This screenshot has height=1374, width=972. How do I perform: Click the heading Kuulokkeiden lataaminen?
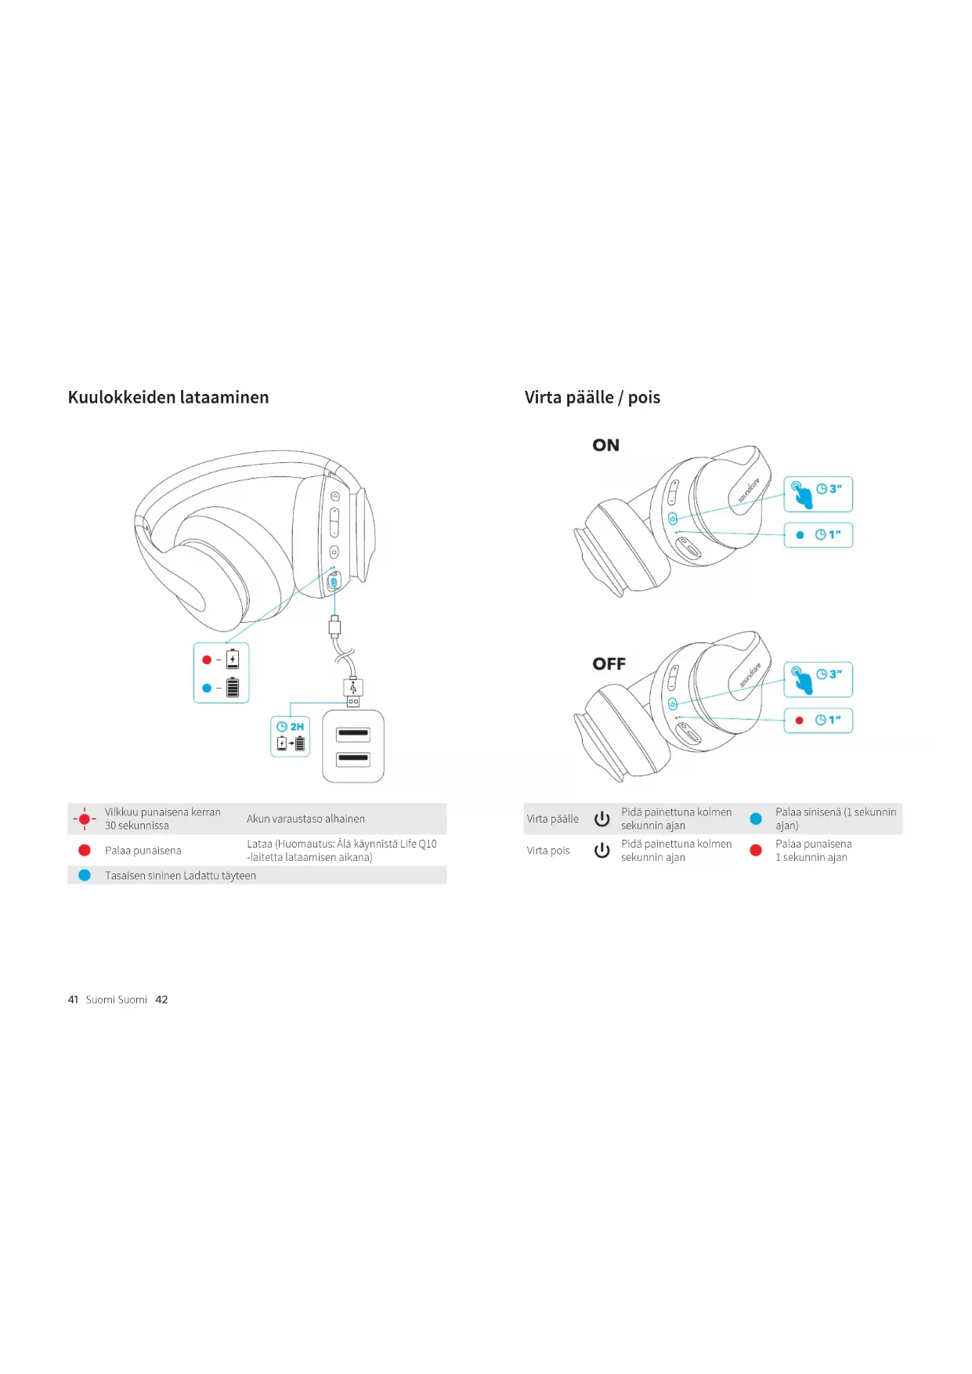pos(168,397)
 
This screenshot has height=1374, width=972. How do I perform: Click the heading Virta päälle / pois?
pos(592,397)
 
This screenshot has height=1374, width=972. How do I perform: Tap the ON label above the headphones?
pos(605,445)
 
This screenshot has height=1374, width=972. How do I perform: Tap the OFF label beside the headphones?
pos(609,663)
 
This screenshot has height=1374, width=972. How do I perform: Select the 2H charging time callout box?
pos(291,736)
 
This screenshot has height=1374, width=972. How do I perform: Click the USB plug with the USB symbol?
pos(353,689)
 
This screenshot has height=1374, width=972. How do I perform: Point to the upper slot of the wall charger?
pos(353,734)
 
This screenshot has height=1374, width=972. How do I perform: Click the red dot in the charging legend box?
pos(207,660)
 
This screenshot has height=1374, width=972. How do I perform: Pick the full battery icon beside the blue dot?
pos(233,688)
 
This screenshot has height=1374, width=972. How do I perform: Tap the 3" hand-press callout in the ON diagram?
pos(818,494)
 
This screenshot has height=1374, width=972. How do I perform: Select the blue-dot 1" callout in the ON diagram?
pos(818,535)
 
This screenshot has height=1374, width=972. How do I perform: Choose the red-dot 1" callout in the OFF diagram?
pos(818,720)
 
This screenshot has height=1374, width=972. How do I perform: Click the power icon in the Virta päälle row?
pos(602,819)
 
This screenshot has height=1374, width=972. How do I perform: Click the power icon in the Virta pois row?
pos(602,850)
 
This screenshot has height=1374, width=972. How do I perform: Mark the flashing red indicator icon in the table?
pos(85,819)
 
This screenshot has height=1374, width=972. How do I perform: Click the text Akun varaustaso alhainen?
pos(305,819)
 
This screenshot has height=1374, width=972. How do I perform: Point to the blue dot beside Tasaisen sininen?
pos(85,875)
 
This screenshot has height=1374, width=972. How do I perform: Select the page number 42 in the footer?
pos(161,1000)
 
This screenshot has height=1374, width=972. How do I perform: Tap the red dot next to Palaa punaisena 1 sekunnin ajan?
pos(756,850)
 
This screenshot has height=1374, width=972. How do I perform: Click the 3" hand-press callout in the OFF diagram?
pos(818,679)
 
